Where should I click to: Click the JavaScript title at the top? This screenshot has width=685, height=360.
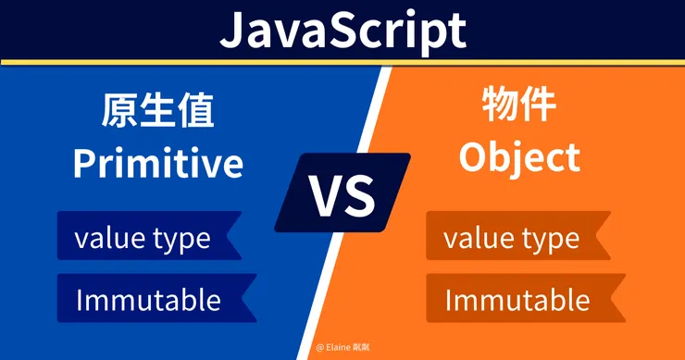click(x=342, y=31)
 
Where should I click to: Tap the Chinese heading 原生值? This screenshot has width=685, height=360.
click(x=157, y=110)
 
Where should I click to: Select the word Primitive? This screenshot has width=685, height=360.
click(x=157, y=162)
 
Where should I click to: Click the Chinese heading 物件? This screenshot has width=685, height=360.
click(x=519, y=105)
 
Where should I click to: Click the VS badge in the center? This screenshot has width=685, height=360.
click(x=342, y=192)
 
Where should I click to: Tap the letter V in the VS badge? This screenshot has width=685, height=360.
click(x=325, y=195)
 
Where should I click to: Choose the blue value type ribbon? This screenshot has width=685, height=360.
click(x=149, y=235)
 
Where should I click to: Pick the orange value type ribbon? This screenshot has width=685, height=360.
click(x=518, y=235)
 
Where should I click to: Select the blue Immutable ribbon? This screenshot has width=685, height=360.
click(x=156, y=298)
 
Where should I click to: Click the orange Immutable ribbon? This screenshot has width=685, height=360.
click(x=526, y=298)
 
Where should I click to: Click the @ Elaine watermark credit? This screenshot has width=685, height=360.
click(x=342, y=347)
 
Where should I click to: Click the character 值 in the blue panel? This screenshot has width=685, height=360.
click(x=195, y=110)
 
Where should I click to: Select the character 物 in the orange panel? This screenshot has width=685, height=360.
click(x=500, y=105)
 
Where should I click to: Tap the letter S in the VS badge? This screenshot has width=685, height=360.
click(x=359, y=195)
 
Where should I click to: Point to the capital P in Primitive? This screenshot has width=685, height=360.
click(x=84, y=164)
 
